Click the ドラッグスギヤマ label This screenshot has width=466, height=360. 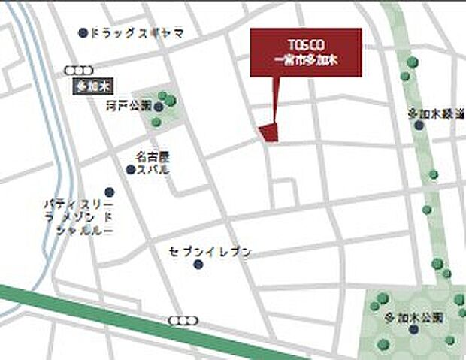coord(137,33)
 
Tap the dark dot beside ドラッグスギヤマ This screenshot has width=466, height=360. coord(83,32)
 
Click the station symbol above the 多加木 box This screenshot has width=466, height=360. coord(75,70)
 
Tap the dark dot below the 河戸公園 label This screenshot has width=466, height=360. coord(157,122)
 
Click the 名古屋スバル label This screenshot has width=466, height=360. coord(153,163)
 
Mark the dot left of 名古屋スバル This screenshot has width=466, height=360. coord(130,170)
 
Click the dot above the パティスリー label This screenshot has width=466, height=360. coord(110,192)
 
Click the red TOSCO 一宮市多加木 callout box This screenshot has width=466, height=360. coord(305,52)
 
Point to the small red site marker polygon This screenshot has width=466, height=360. coord(269,132)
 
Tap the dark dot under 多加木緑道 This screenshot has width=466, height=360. coord(419,126)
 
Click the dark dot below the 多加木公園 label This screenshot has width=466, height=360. coord(413,328)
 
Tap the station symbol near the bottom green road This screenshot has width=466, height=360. coord(179,321)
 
